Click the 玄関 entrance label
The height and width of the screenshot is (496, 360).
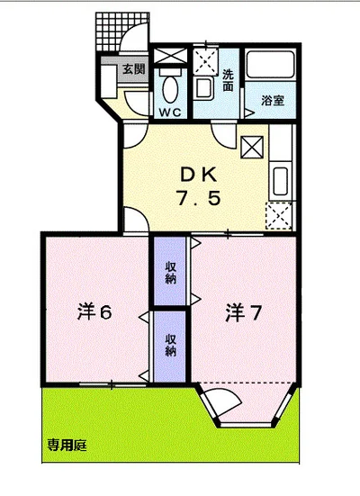[134, 68]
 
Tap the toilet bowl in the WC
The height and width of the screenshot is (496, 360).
[170, 88]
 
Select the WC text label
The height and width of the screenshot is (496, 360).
[170, 112]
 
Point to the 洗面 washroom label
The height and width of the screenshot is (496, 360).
[228, 80]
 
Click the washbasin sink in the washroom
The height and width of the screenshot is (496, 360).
[203, 88]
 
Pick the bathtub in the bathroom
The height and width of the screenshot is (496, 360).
[271, 65]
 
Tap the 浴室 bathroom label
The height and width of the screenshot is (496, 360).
[273, 101]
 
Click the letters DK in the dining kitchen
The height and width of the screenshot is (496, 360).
[198, 175]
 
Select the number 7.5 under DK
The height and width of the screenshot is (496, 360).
[198, 199]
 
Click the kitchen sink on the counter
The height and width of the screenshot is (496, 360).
[280, 181]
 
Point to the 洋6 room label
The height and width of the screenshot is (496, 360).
[94, 312]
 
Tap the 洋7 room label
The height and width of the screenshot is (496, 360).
[243, 312]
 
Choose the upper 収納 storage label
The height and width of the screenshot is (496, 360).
[170, 273]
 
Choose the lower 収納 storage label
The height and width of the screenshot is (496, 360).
[170, 345]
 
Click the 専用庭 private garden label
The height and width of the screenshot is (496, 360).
[67, 446]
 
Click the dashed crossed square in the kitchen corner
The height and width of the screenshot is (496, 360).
[278, 215]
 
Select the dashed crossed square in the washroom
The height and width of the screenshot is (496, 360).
[205, 61]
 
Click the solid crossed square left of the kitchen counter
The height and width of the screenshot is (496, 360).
[252, 147]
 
